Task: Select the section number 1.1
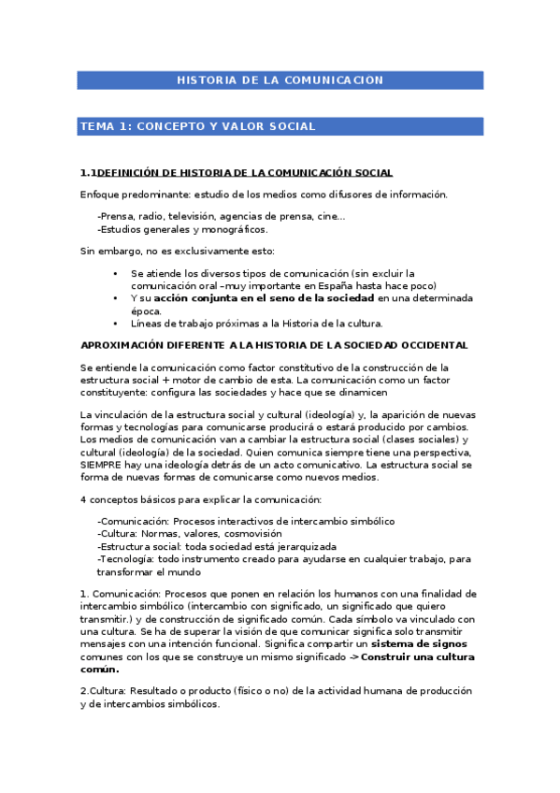coord(89,173)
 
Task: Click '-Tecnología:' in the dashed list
coord(128,559)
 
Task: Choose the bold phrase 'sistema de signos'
coord(419,644)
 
